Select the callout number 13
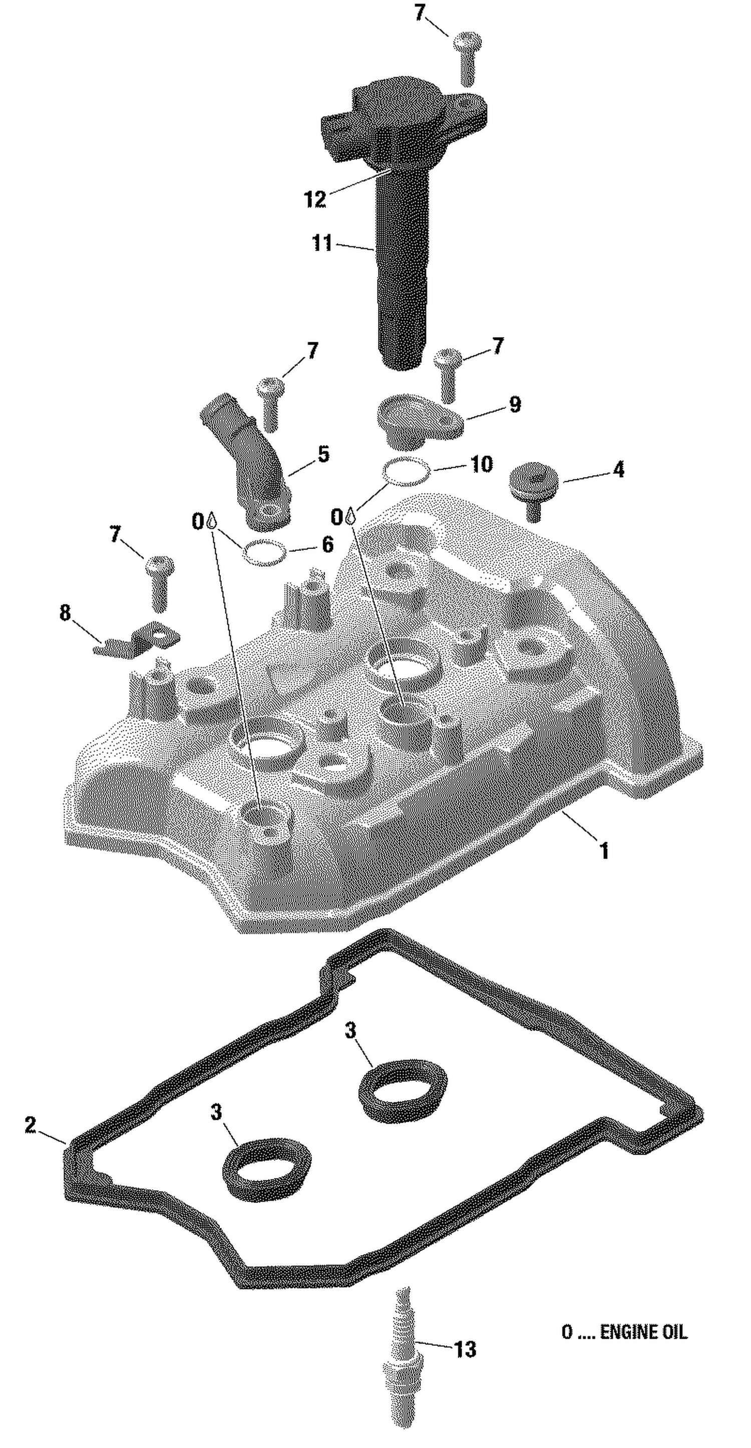click(x=465, y=1349)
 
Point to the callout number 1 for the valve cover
click(x=604, y=851)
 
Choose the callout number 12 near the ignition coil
click(x=315, y=198)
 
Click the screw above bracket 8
click(x=160, y=582)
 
